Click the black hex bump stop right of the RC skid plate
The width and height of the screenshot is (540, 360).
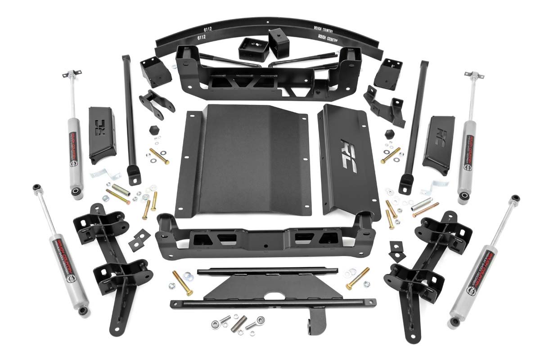pos(390,134)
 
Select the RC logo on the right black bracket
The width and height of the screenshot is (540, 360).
pos(439,137)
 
